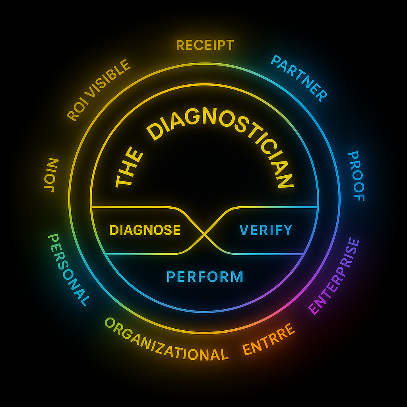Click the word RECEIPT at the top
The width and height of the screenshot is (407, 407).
tap(205, 45)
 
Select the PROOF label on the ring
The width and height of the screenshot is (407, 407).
tap(357, 176)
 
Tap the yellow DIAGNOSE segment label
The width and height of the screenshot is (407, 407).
tap(145, 230)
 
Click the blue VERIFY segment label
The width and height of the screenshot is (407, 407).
tap(266, 230)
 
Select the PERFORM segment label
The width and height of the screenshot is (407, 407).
tap(205, 276)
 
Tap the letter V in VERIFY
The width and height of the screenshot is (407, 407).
tap(244, 230)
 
